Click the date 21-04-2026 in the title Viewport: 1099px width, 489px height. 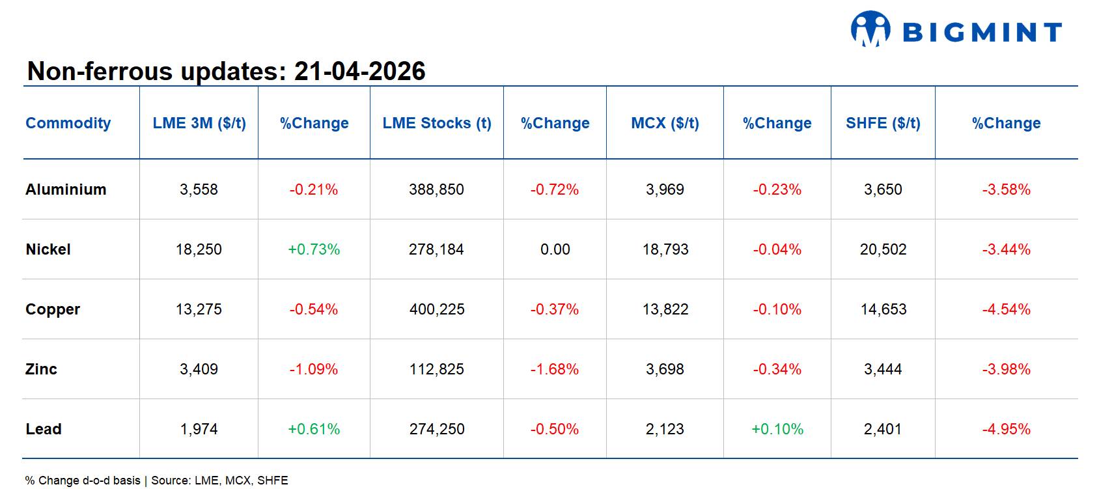tap(359, 71)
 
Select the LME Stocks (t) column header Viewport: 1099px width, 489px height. tap(436, 123)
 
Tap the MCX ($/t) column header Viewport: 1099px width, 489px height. tap(665, 123)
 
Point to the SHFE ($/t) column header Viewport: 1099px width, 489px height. tap(883, 123)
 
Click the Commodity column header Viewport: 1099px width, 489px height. tap(68, 123)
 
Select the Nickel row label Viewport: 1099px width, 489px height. tap(48, 249)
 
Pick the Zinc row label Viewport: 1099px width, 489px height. tap(42, 369)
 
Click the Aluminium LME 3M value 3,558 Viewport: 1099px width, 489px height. tap(199, 189)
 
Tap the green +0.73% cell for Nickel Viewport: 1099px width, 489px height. tap(314, 249)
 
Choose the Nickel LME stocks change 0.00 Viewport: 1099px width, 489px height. tap(555, 249)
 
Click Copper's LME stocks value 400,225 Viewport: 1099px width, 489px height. tap(437, 309)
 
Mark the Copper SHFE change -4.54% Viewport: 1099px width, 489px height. tap(1006, 309)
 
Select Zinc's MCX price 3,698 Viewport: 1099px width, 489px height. tap(665, 369)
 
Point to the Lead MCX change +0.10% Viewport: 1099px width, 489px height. tap(777, 429)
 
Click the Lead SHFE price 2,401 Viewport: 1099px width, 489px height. tap(883, 429)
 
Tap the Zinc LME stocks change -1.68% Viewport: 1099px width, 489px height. tap(555, 369)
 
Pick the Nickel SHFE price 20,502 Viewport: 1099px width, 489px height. tap(883, 249)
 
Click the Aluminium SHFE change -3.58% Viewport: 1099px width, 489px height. tap(1006, 189)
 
